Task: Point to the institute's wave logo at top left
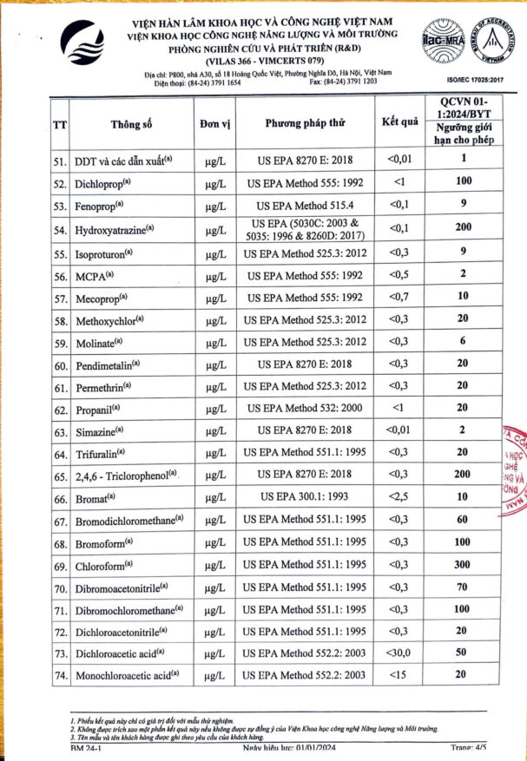point(89,45)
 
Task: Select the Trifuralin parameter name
point(101,454)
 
